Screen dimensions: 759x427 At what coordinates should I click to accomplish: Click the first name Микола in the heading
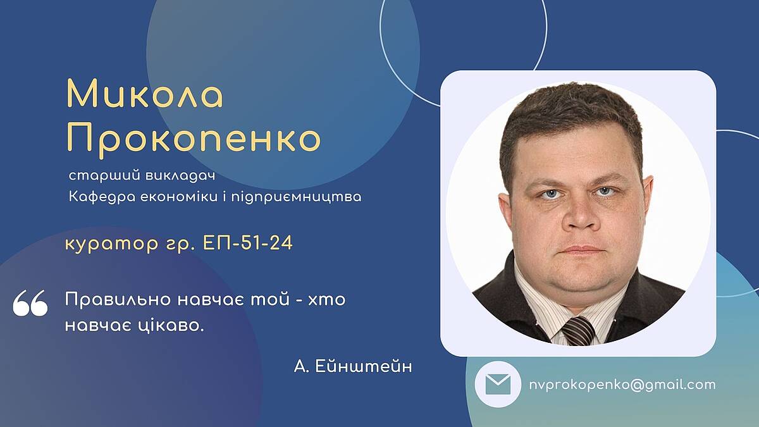[x=145, y=94]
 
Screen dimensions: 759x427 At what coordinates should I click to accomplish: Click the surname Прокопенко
[x=193, y=140]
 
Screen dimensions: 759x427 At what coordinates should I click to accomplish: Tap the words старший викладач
[x=142, y=176]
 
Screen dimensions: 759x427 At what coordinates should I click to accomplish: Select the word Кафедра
[x=102, y=197]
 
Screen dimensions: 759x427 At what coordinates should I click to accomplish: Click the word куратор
[x=111, y=244]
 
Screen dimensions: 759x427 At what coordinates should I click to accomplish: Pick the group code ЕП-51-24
[x=247, y=243]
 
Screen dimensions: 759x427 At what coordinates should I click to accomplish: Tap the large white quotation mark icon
[x=30, y=303]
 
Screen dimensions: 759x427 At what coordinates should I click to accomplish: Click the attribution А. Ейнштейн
[x=353, y=366]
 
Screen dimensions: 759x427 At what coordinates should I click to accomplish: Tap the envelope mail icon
[x=498, y=385]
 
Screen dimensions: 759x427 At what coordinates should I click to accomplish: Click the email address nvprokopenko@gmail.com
[x=622, y=385]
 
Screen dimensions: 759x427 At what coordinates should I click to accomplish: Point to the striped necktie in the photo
[x=579, y=331]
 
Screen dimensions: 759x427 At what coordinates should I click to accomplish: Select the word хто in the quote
[x=326, y=300]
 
